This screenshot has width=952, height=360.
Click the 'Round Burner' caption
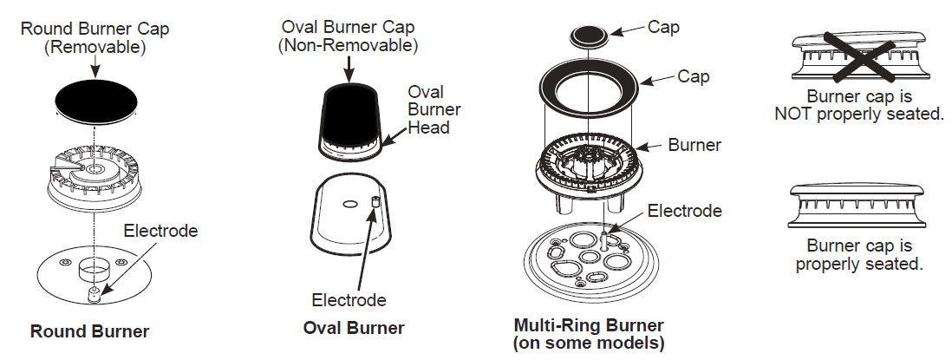point(89,331)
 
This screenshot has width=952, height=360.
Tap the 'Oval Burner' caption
point(353,328)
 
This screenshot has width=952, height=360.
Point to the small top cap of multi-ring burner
point(590,36)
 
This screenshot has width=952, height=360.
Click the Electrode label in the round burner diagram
point(160,231)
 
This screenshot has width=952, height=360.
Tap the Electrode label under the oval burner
point(349,300)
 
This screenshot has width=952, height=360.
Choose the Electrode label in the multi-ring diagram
point(684,210)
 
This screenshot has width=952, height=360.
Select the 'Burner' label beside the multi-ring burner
point(694,145)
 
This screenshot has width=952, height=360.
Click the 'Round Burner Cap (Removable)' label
point(95,38)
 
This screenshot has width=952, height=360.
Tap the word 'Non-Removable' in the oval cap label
point(348,44)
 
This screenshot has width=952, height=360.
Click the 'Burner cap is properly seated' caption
point(857,255)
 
